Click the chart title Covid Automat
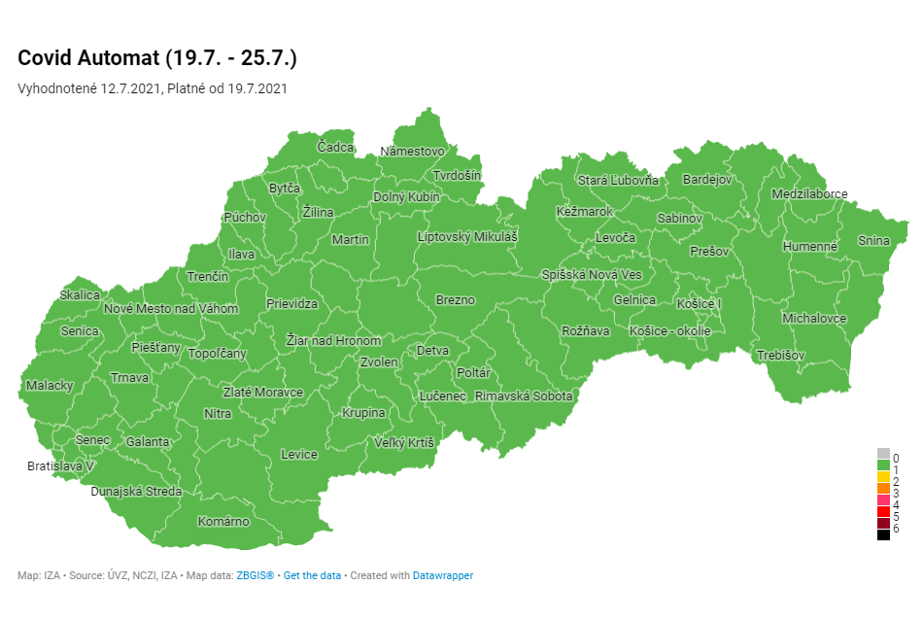coord(157,58)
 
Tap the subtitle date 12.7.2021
coord(130,88)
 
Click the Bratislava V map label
coord(60,466)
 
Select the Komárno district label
coord(223,522)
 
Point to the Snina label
coord(873,240)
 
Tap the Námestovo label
coord(412,152)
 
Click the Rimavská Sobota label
coord(524,396)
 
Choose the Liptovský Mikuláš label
coord(467,237)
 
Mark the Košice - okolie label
coord(670,331)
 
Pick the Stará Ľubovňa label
coord(618,181)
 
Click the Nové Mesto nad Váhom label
coord(171,309)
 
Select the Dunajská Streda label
coord(136,492)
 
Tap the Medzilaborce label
coord(809,194)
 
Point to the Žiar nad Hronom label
coord(333,341)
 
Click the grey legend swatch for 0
coord(883,454)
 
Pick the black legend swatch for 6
coord(883,534)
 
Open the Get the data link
coord(312,576)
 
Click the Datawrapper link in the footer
coord(443,576)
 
